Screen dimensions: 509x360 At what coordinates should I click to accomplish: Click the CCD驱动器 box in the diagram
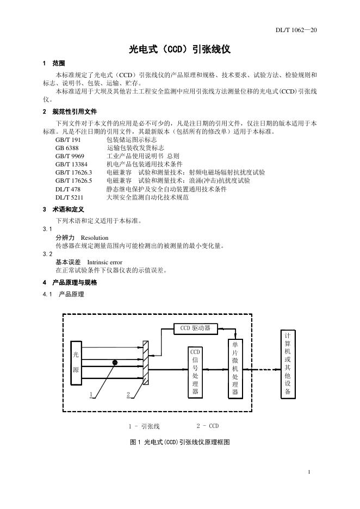coord(195,328)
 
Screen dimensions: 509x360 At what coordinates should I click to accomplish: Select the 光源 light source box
coord(76,362)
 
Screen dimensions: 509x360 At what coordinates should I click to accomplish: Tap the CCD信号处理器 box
coord(195,372)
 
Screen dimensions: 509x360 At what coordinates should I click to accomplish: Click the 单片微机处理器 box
coord(235,368)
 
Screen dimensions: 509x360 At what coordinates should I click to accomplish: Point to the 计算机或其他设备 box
coord(288,364)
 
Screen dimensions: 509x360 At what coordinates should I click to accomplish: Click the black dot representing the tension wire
coord(115,362)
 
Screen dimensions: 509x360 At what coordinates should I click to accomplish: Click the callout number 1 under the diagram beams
coord(92,394)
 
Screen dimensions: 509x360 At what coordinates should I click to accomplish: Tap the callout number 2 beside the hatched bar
coord(128,394)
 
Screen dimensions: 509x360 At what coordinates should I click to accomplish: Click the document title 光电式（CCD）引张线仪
coord(180,49)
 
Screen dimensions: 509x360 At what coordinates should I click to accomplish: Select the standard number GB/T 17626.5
coord(75,180)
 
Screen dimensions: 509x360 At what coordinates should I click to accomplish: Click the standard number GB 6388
coord(67,148)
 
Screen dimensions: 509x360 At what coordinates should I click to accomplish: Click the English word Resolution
coord(95,238)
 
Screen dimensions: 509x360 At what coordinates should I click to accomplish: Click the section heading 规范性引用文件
coord(75,111)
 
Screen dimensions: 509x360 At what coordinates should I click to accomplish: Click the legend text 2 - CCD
coord(207,426)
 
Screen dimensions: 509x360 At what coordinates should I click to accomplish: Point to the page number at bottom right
coord(309,471)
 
